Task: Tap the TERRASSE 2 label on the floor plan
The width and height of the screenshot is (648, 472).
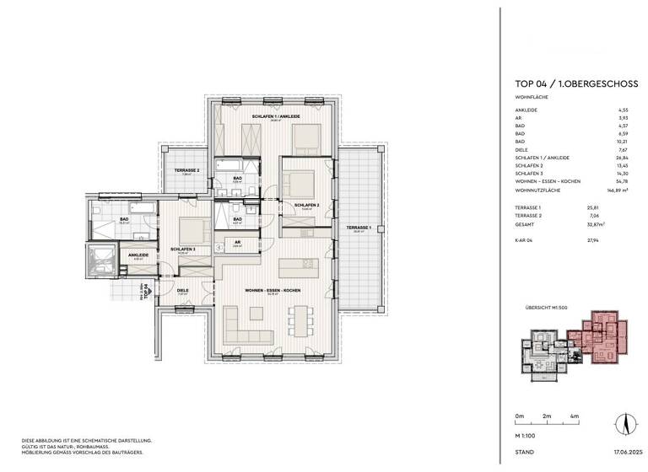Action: coord(186,171)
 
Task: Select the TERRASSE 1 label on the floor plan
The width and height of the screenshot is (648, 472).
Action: coord(359,228)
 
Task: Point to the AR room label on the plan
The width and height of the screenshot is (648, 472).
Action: coord(237,242)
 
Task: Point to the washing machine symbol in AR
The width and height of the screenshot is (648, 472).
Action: coord(220,248)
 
